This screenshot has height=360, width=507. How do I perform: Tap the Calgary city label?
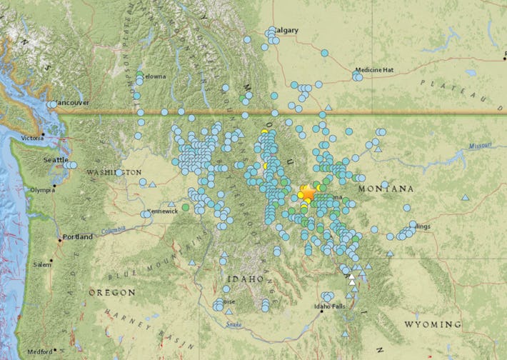click(x=285, y=30)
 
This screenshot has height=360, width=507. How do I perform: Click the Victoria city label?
click(x=33, y=138)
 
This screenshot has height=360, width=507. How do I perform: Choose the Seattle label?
click(x=56, y=159)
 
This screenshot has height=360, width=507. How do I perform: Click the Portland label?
click(x=77, y=236)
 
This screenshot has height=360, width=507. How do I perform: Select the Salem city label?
click(x=42, y=264)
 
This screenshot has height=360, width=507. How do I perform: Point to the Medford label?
click(x=40, y=352)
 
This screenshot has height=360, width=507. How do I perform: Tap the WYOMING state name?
click(x=432, y=324)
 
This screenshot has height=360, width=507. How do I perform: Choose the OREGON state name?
click(x=112, y=293)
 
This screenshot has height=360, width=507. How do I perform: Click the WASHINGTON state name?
click(x=114, y=173)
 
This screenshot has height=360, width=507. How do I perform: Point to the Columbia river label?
click(x=113, y=231)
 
